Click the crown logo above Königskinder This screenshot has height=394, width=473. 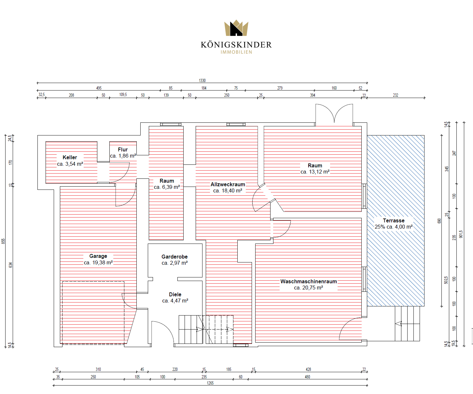click(x=236, y=28)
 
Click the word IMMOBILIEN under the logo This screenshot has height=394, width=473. click(x=236, y=52)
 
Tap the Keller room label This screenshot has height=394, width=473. click(x=70, y=157)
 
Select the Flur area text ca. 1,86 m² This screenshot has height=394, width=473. click(x=123, y=156)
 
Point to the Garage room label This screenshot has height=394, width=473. click(x=98, y=256)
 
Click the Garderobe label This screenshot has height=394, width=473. click(x=174, y=257)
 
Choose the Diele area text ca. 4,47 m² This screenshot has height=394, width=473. click(x=175, y=301)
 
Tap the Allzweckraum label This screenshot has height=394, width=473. click(x=228, y=184)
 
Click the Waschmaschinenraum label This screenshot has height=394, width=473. click(x=309, y=281)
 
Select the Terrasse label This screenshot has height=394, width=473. click(x=394, y=220)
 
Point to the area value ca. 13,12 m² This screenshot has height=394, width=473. click(x=315, y=172)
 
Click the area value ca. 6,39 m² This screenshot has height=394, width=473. click(x=167, y=187)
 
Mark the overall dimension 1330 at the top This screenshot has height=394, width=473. click(x=202, y=80)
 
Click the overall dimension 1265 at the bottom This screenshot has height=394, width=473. click(x=210, y=383)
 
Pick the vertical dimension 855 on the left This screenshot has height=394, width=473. click(x=3, y=241)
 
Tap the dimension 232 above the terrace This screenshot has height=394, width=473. click(x=396, y=95)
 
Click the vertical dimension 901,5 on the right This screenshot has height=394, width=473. click(x=461, y=234)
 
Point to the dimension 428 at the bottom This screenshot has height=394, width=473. click(x=308, y=369)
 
